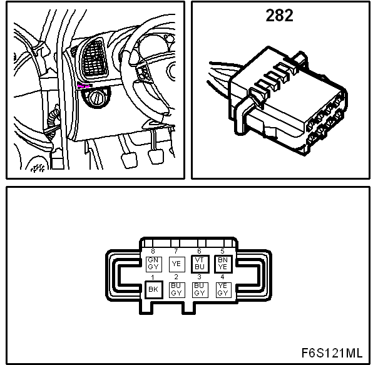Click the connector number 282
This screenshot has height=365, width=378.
click(279, 16)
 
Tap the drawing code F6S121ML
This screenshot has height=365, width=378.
click(332, 353)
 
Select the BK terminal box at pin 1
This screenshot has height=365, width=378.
click(153, 289)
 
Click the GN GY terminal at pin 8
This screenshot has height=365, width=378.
click(153, 264)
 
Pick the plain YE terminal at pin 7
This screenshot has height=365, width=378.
click(176, 264)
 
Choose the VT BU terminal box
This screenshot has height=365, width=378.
click(200, 264)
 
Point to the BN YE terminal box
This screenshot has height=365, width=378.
click(223, 264)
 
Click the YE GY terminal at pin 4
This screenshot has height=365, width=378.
click(223, 290)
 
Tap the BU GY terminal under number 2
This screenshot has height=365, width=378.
click(176, 290)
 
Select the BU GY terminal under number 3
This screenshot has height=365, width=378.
click(200, 290)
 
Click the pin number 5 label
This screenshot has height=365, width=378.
click(222, 251)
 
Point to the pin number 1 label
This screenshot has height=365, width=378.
click(152, 277)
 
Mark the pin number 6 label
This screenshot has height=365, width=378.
click(199, 251)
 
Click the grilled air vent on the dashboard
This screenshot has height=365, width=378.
click(94, 59)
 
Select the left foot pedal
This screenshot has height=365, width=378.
click(129, 160)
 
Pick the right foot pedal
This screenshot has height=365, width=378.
click(156, 157)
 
